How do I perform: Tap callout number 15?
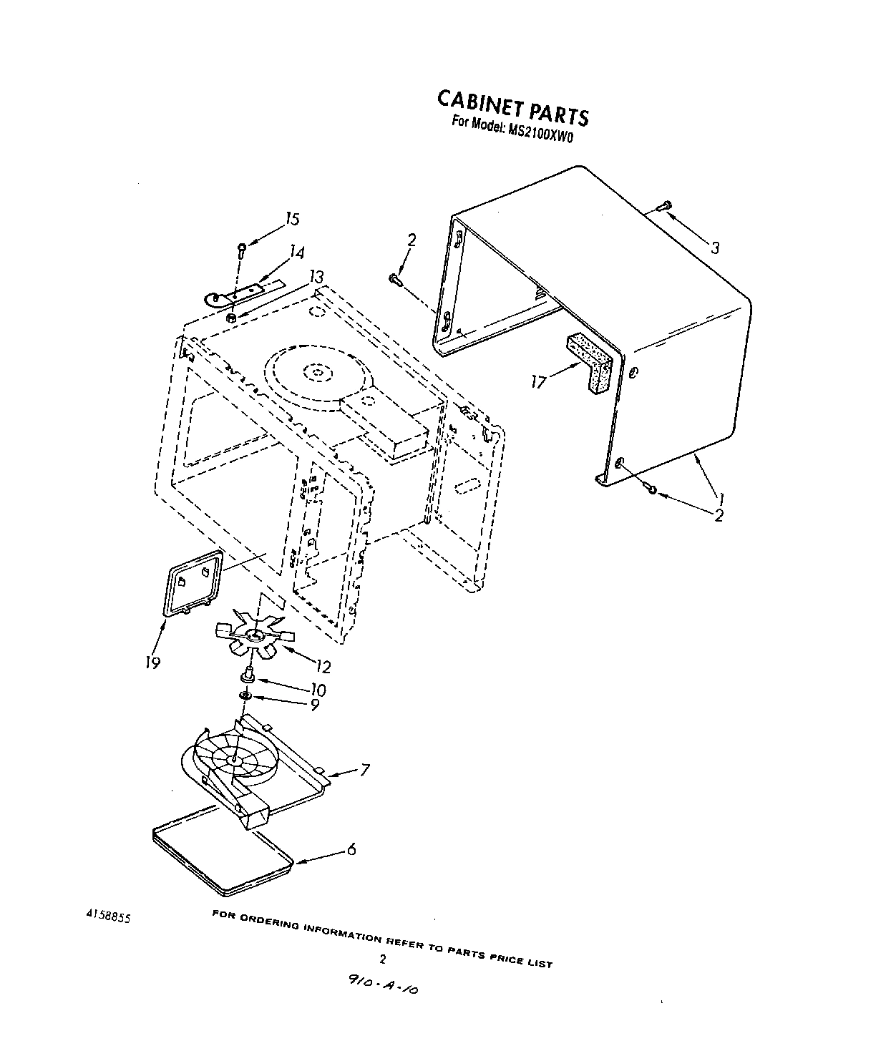[291, 220]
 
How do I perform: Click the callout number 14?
[296, 253]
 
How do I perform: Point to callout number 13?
[316, 277]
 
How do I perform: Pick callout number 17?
[538, 382]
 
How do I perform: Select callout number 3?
[714, 248]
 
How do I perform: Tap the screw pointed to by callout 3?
[663, 206]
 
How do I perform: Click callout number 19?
[152, 663]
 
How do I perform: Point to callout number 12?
[323, 667]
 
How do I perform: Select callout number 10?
[318, 690]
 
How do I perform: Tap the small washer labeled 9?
[245, 695]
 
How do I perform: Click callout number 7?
[364, 770]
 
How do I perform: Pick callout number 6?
[351, 849]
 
